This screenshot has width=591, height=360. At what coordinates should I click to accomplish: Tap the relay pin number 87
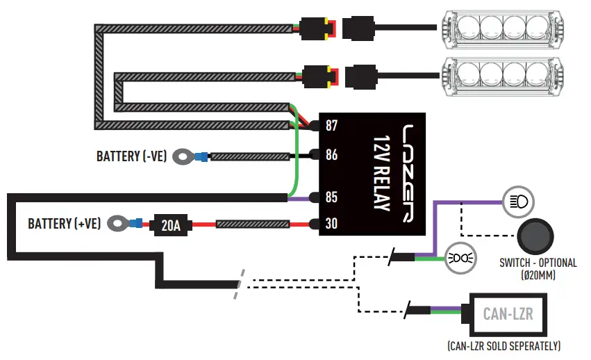[331, 126]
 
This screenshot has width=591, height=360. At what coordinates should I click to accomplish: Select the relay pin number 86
[331, 154]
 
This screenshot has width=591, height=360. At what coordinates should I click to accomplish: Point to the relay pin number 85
[331, 197]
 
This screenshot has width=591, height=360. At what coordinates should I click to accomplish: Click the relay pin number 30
[331, 224]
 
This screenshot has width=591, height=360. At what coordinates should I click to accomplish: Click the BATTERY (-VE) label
[131, 156]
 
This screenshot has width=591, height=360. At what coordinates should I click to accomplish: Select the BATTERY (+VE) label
[64, 224]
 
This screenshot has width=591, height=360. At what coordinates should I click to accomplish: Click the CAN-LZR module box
[509, 314]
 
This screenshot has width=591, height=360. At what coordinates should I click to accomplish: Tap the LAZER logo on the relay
[413, 174]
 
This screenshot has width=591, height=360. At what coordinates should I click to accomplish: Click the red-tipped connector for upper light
[322, 28]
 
